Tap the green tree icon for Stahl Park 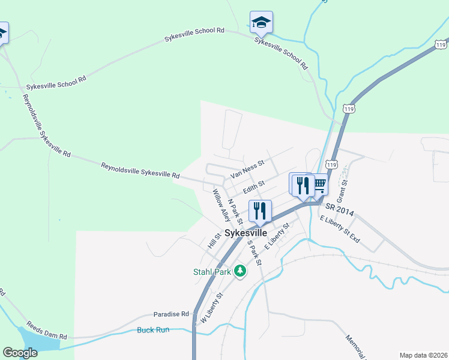(x=240, y=272)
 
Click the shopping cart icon (x=319, y=184)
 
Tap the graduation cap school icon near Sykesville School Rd (x=261, y=22)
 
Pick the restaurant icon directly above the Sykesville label (x=260, y=211)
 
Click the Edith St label (x=253, y=188)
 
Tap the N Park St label (x=235, y=209)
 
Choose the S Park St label (x=255, y=253)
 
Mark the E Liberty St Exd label (x=340, y=230)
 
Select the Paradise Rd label (x=171, y=314)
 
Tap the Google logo (x=20, y=353)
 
